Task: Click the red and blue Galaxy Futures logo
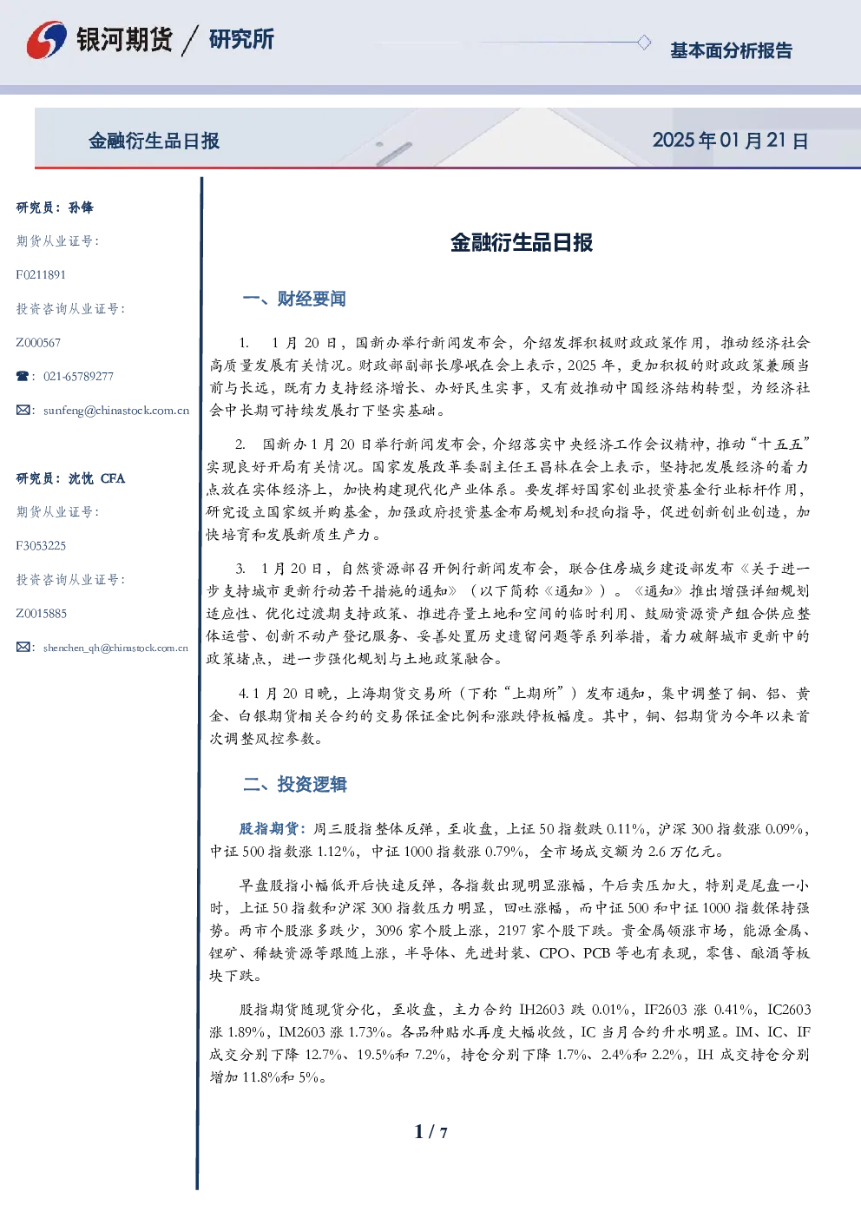pyautogui.click(x=46, y=40)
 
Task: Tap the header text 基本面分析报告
pyautogui.click(x=731, y=50)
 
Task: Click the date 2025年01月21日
pyautogui.click(x=730, y=141)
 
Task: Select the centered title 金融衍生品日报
pyautogui.click(x=522, y=242)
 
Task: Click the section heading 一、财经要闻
pyautogui.click(x=294, y=299)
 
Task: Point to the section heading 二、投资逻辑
pyautogui.click(x=294, y=784)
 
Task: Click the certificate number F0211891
pyautogui.click(x=41, y=274)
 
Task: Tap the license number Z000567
pyautogui.click(x=38, y=343)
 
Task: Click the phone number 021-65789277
pyautogui.click(x=78, y=376)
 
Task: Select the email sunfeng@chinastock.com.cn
pyautogui.click(x=116, y=411)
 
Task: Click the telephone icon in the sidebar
pyautogui.click(x=23, y=376)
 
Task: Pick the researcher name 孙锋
pyautogui.click(x=81, y=207)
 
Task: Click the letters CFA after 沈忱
pyautogui.click(x=113, y=478)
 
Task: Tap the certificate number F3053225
pyautogui.click(x=41, y=546)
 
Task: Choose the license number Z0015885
pyautogui.click(x=42, y=614)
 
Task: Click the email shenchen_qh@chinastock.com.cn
pyautogui.click(x=115, y=648)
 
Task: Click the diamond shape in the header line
pyautogui.click(x=643, y=42)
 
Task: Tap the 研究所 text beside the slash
pyautogui.click(x=241, y=39)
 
